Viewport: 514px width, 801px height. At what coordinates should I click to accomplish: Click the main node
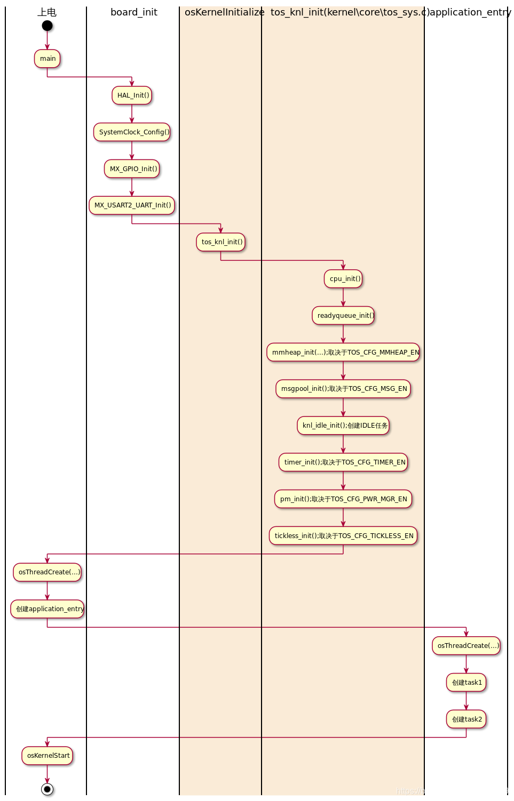[48, 59]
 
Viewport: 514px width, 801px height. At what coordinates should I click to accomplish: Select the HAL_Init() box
[132, 95]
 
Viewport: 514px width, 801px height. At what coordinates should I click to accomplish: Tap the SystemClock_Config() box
[132, 132]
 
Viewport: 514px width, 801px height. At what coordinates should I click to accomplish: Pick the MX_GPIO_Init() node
[132, 169]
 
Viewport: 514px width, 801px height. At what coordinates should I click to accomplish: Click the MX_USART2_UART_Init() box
[132, 205]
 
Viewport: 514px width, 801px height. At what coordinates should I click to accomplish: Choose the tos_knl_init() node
[221, 242]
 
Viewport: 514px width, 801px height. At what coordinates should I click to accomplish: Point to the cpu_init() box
[343, 279]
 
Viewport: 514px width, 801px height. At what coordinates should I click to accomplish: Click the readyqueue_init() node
[343, 316]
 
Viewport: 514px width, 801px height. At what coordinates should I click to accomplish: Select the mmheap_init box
[343, 353]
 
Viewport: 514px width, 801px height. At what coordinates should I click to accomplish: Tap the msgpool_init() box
[343, 389]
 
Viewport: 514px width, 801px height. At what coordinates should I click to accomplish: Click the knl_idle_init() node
[343, 426]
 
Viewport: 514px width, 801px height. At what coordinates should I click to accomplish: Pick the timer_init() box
[343, 462]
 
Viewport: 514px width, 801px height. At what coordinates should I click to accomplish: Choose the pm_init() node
[343, 499]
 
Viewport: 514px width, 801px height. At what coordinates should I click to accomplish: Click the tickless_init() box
[343, 536]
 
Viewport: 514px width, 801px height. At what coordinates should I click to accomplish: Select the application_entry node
[48, 609]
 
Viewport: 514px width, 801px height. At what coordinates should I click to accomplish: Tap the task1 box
[466, 683]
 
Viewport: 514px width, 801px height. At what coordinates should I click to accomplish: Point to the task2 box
[466, 719]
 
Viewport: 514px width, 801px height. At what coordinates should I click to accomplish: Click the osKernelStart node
[48, 756]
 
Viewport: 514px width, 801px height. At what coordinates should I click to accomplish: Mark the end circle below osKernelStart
[48, 789]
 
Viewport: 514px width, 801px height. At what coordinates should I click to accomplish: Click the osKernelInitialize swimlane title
[224, 12]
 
